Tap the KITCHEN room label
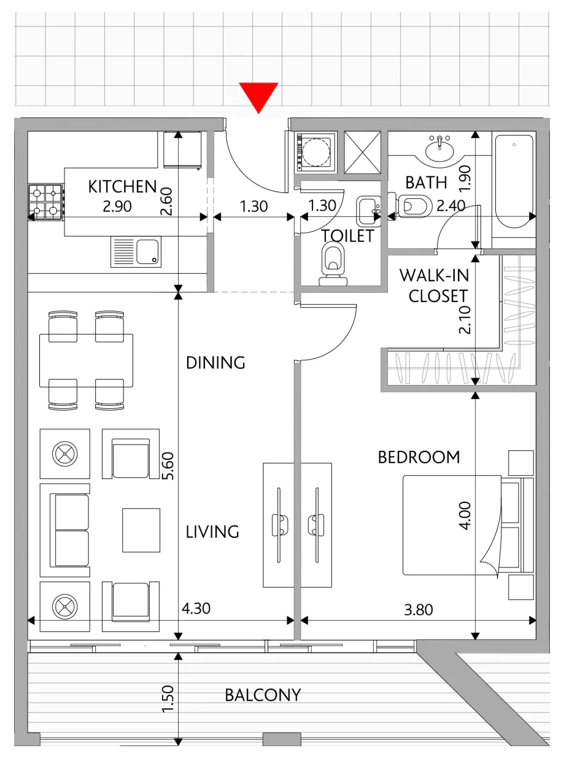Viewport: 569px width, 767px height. pyautogui.click(x=122, y=187)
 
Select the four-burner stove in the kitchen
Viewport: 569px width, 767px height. pyautogui.click(x=45, y=202)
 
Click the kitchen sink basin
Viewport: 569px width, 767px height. pyautogui.click(x=147, y=252)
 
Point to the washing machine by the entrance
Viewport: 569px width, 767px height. pyautogui.click(x=315, y=152)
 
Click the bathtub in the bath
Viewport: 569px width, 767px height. pyautogui.click(x=514, y=181)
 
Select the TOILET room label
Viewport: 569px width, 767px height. pyautogui.click(x=348, y=236)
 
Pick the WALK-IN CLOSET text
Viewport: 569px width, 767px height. pyautogui.click(x=435, y=286)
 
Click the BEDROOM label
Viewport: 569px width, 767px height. pyautogui.click(x=419, y=457)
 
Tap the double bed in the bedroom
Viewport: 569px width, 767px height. pyautogui.click(x=468, y=525)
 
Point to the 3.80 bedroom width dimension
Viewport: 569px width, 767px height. pyautogui.click(x=418, y=610)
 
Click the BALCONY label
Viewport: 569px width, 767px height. pyautogui.click(x=263, y=695)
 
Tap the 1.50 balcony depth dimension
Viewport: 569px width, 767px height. pyautogui.click(x=168, y=699)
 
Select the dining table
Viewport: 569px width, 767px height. pyautogui.click(x=86, y=360)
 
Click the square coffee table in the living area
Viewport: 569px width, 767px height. pyautogui.click(x=141, y=530)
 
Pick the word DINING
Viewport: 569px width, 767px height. pyautogui.click(x=215, y=363)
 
